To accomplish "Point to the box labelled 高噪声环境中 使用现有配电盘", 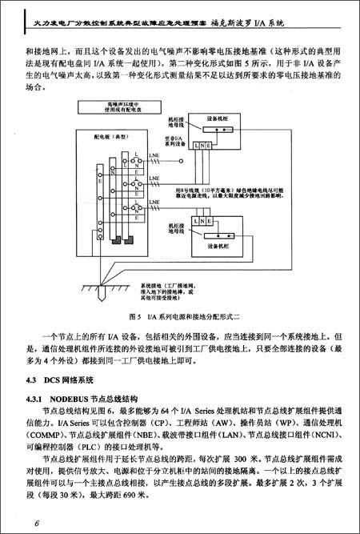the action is pos(121,109).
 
